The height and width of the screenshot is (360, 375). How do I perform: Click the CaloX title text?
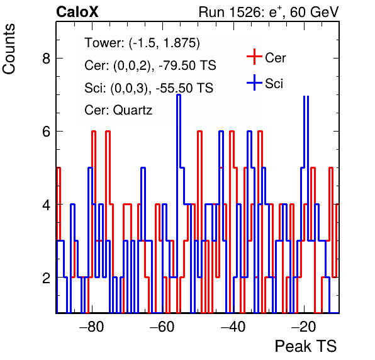click(77, 12)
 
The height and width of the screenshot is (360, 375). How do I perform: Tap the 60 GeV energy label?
click(314, 12)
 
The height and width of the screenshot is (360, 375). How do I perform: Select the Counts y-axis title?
click(9, 49)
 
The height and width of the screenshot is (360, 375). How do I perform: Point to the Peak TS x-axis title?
click(306, 346)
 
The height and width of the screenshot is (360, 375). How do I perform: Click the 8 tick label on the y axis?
click(47, 58)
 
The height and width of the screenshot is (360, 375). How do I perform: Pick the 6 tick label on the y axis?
click(47, 132)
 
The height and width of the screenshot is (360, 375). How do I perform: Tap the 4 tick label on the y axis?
click(47, 205)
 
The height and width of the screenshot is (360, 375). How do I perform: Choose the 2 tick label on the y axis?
click(47, 278)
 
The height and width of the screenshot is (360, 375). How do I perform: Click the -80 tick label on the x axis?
click(92, 326)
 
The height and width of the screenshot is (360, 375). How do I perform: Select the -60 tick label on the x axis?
click(162, 326)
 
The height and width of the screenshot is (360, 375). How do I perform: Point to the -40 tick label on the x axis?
click(233, 326)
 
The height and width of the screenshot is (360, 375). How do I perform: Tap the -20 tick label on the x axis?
click(304, 326)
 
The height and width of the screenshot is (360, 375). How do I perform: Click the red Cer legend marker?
click(254, 57)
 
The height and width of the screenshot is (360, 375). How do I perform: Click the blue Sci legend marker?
click(254, 83)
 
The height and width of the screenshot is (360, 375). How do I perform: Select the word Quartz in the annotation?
click(133, 111)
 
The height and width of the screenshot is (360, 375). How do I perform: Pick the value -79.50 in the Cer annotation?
click(177, 65)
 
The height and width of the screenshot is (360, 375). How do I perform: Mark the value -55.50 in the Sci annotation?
click(174, 87)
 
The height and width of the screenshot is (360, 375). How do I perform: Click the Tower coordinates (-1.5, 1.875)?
click(164, 43)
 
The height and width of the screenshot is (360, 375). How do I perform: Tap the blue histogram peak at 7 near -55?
click(179, 95)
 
